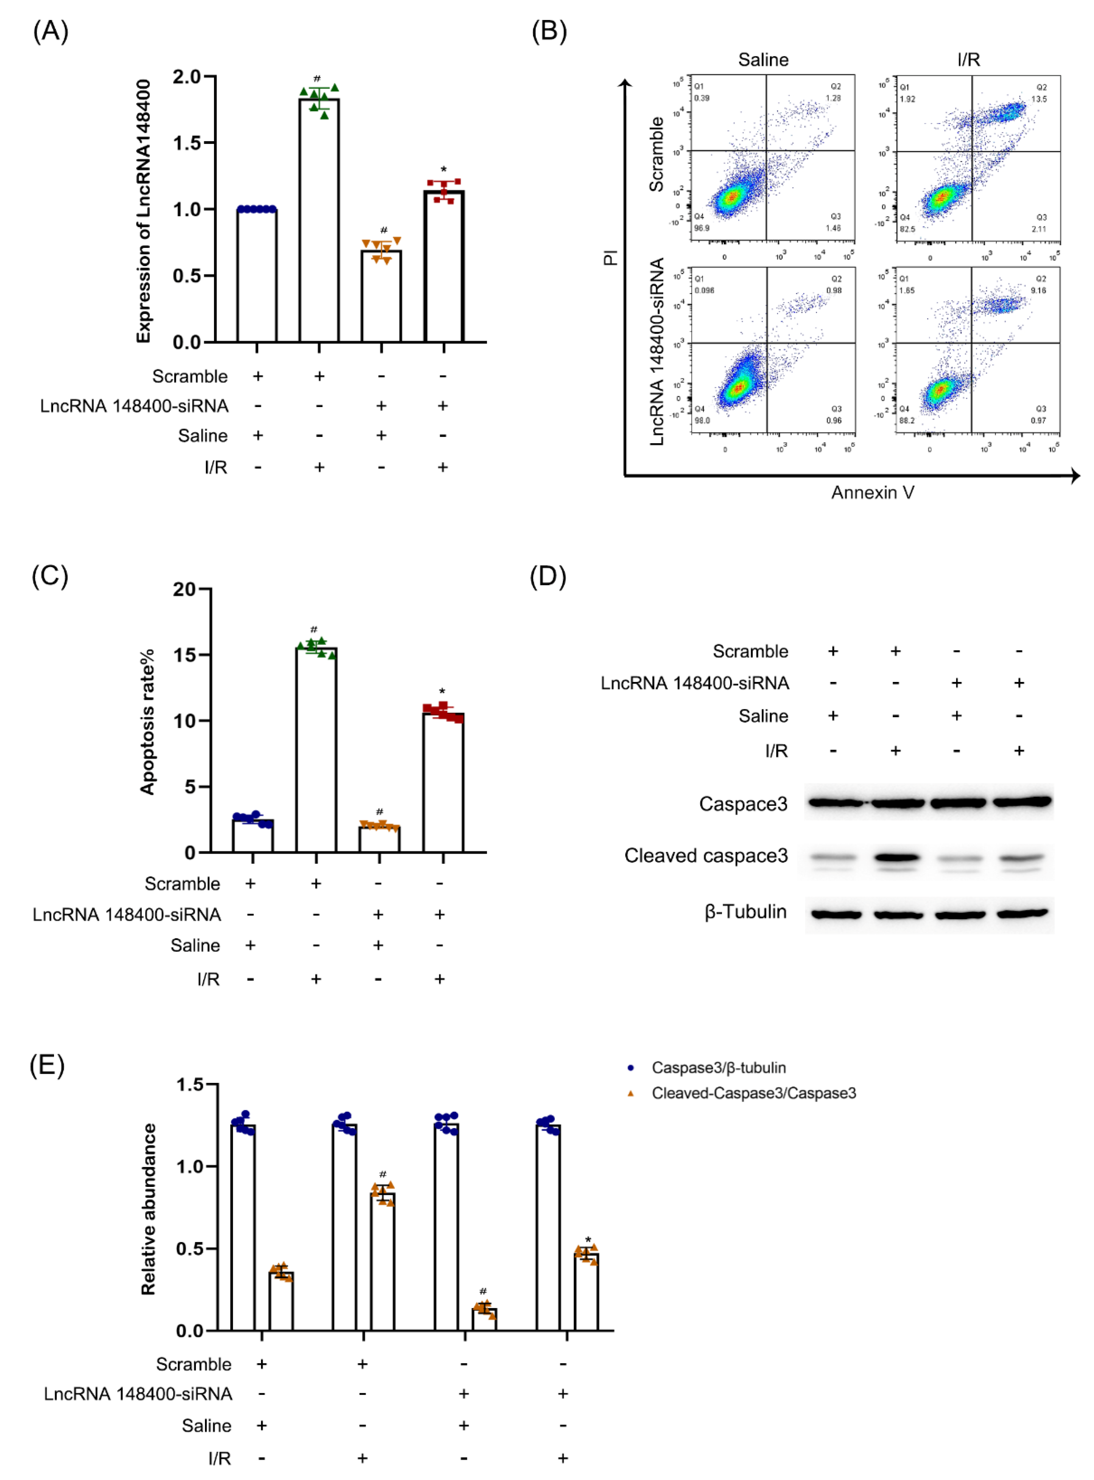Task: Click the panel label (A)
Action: [50, 31]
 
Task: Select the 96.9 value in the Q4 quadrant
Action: [701, 228]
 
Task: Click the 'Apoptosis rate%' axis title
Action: [147, 721]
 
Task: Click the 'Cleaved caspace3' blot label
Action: [706, 856]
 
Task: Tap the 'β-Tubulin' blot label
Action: [746, 912]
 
